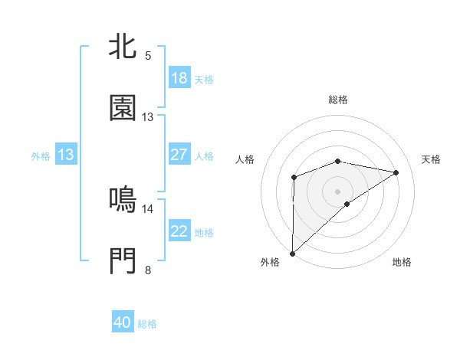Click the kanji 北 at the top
coord(123,47)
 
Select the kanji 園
coord(123,108)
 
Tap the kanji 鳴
coord(123,200)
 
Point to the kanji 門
coord(123,261)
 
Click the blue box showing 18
coord(179,78)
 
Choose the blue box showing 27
coord(179,154)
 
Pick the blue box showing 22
coord(179,231)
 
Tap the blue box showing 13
coord(66,155)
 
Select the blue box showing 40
coord(123,322)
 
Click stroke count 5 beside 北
coord(148,56)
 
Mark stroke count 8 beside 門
coord(148,270)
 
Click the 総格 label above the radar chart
coord(338,100)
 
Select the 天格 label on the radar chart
coord(432,159)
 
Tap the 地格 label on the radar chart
coord(402,262)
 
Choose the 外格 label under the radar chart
coord(270,262)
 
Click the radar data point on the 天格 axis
coord(396,172)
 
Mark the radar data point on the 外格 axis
coord(292,253)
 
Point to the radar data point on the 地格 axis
coord(347,204)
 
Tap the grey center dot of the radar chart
coord(337,191)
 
